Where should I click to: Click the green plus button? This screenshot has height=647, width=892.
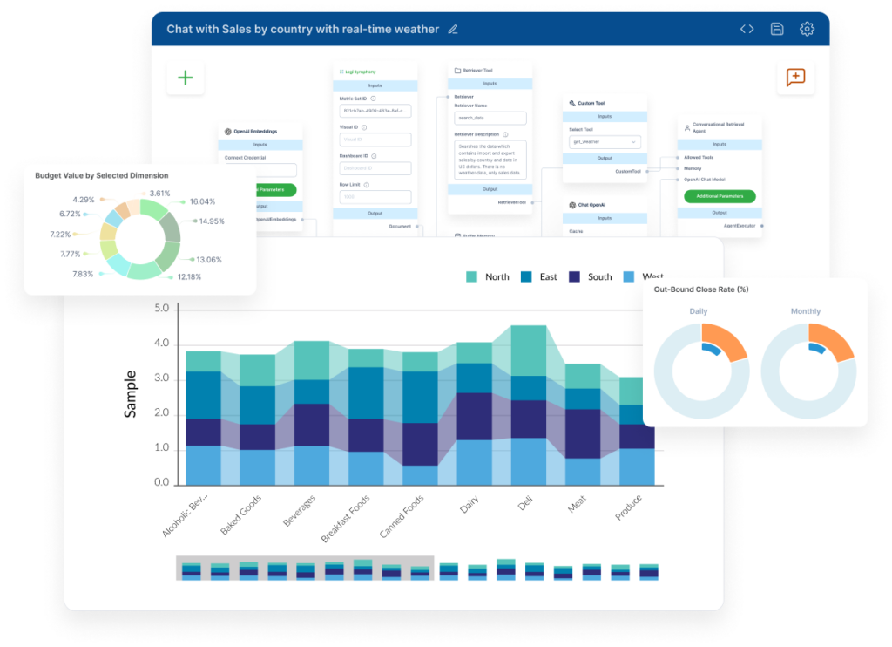(x=186, y=78)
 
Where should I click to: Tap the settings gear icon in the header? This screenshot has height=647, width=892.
(x=807, y=29)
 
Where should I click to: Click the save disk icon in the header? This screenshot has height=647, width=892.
(x=777, y=29)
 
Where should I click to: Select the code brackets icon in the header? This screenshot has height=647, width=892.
(x=747, y=29)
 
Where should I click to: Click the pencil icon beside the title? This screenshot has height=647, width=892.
(x=452, y=29)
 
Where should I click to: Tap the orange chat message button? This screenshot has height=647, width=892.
(x=795, y=78)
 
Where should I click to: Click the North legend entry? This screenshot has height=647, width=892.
(x=488, y=276)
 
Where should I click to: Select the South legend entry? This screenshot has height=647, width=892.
(x=590, y=276)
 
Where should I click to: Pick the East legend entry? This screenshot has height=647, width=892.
(x=539, y=276)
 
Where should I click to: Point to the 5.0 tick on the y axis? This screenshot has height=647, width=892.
(x=161, y=309)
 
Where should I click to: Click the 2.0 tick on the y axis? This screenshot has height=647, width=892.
(x=161, y=413)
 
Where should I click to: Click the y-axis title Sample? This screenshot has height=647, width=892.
(x=131, y=394)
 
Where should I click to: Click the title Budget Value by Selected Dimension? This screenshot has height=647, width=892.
(x=102, y=175)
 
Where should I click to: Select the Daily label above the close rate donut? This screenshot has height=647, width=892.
(x=699, y=311)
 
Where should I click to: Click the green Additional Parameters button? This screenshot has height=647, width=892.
(x=719, y=196)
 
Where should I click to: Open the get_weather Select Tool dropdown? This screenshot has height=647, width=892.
(x=604, y=141)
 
